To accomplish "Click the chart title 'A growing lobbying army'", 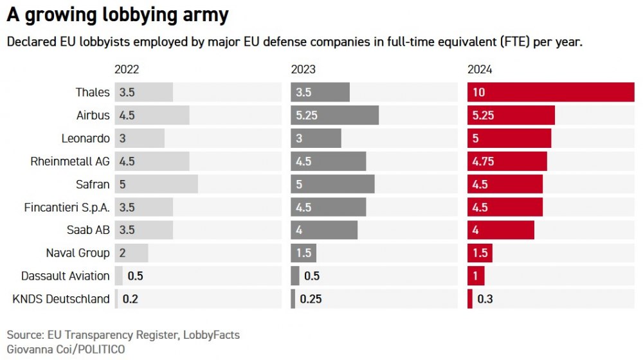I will [117, 15].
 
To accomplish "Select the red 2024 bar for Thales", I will [550, 92].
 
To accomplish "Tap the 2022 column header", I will [127, 69].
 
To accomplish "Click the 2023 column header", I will [303, 69].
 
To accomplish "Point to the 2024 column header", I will [480, 69].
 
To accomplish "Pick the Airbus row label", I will [93, 116].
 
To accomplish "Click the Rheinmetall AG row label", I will [70, 161].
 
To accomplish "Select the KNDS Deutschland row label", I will [61, 299].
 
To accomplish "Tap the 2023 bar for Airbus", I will [334, 116].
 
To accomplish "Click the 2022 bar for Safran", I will [156, 184].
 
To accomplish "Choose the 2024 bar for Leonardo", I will [509, 138].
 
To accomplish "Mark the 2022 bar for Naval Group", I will [131, 253].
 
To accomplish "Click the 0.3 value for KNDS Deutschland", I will [485, 299].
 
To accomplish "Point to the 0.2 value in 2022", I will [131, 299].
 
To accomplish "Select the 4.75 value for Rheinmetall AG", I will [484, 161].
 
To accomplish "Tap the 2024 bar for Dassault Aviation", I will [476, 276].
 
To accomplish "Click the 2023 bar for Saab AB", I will [324, 230].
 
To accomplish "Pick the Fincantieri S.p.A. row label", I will [67, 208].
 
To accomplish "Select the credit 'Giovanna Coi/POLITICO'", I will [66, 349].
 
